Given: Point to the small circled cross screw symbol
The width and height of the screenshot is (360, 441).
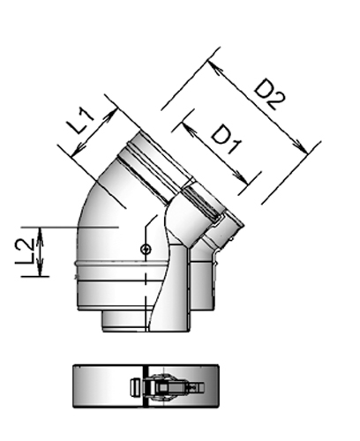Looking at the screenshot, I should pyautogui.click(x=146, y=250).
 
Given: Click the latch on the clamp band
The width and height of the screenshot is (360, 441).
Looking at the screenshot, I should pyautogui.click(x=162, y=385).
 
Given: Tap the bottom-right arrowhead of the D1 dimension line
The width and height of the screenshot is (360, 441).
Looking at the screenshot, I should pyautogui.click(x=255, y=181).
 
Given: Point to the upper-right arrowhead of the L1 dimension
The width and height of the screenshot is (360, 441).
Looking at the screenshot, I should pyautogui.click(x=115, y=109).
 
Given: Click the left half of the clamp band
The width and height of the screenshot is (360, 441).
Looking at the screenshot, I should pyautogui.click(x=101, y=385).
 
